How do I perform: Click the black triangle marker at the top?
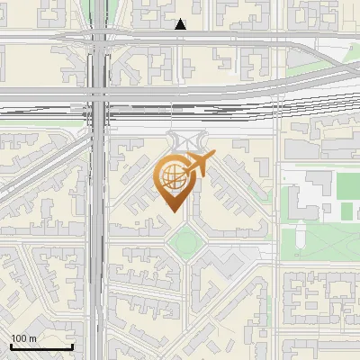(181, 24)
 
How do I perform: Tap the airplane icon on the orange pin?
(196, 166)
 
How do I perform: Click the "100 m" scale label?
(24, 338)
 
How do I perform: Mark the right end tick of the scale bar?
(72, 346)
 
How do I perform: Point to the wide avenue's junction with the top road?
(99, 36)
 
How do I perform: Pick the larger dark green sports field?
(346, 185)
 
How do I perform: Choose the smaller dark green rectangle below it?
(346, 211)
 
